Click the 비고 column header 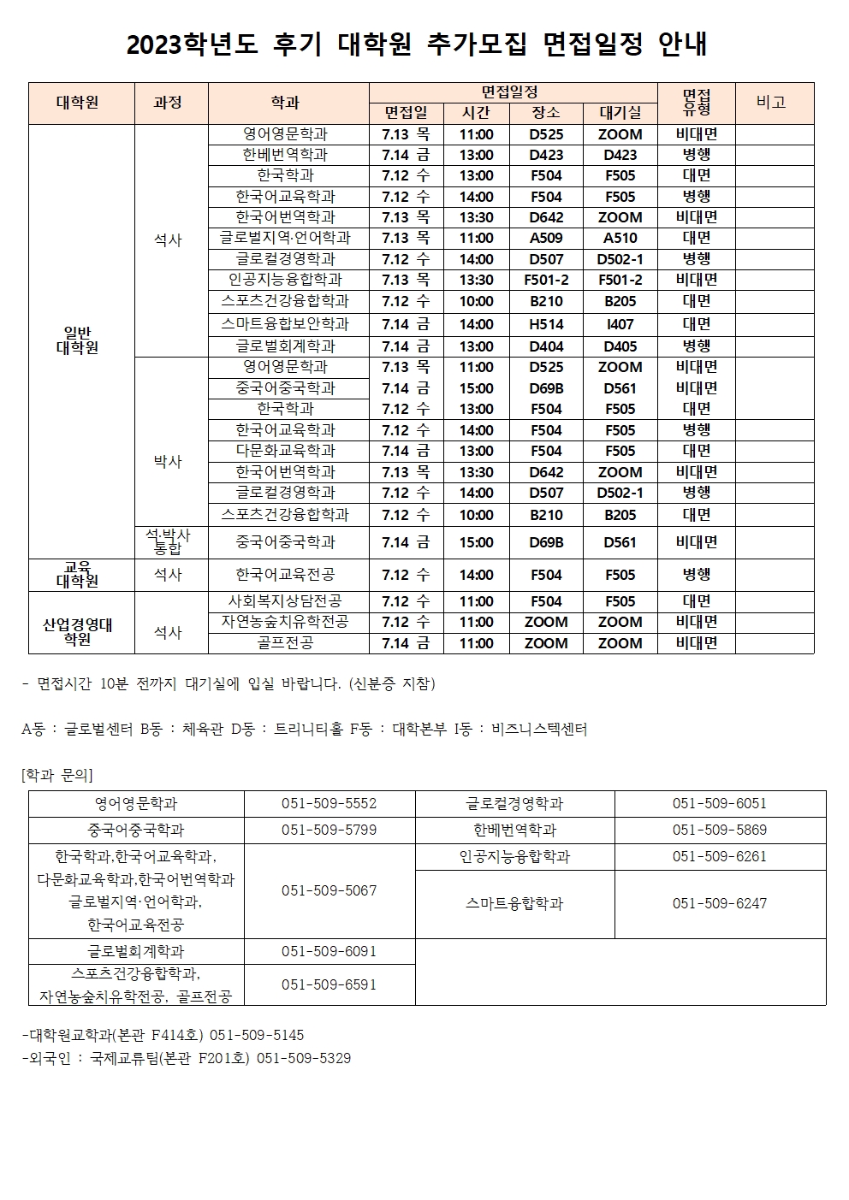[771, 102]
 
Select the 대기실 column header [620, 113]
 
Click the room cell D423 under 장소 [546, 155]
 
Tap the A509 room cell [546, 238]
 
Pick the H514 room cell [546, 324]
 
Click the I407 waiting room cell [620, 324]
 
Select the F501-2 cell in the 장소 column [546, 280]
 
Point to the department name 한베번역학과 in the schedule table [285, 155]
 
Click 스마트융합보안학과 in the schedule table [285, 324]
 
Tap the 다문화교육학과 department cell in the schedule [285, 451]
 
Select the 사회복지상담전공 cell [285, 601]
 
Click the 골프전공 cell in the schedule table [285, 642]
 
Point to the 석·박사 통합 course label [168, 541]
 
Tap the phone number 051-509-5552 [329, 804]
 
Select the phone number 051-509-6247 [719, 903]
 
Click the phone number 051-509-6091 [329, 951]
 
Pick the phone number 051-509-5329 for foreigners [304, 1058]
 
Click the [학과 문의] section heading [56, 775]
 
